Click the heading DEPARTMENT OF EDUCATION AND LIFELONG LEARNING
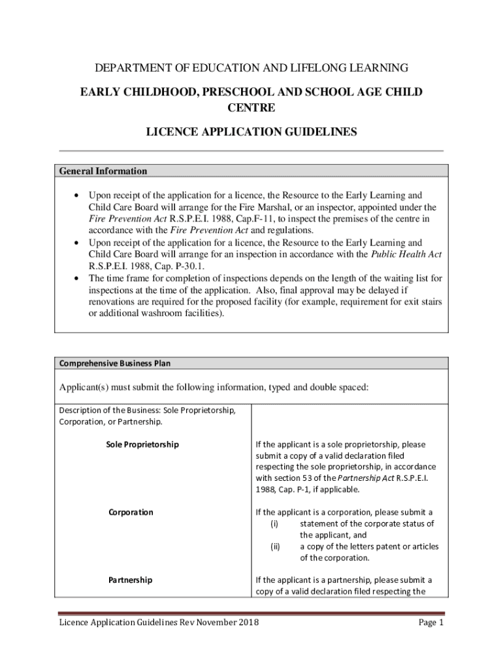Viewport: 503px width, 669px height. click(x=252, y=68)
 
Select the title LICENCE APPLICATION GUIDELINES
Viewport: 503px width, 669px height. click(x=252, y=132)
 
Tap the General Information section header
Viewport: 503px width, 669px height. click(x=103, y=171)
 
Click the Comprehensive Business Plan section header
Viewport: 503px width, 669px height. click(x=115, y=363)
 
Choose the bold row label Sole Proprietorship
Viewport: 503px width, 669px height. click(x=142, y=445)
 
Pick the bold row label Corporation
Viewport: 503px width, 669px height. click(x=131, y=512)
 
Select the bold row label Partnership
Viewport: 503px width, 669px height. click(x=130, y=580)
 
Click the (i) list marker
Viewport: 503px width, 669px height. click(x=274, y=524)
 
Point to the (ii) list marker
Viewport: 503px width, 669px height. click(x=275, y=547)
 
